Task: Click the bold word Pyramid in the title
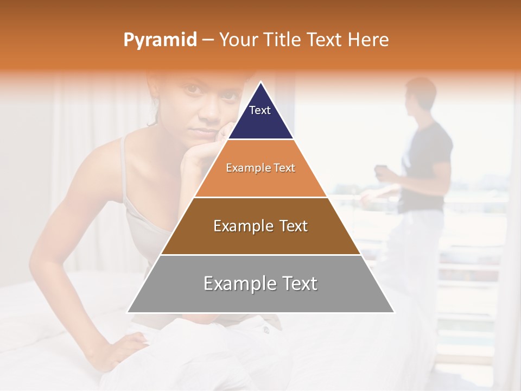pos(160,40)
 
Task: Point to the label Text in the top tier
pos(259,110)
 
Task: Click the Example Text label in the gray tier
pos(260,283)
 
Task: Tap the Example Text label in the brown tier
pos(260,226)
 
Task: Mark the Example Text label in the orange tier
pos(260,168)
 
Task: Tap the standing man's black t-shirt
pos(426,163)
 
